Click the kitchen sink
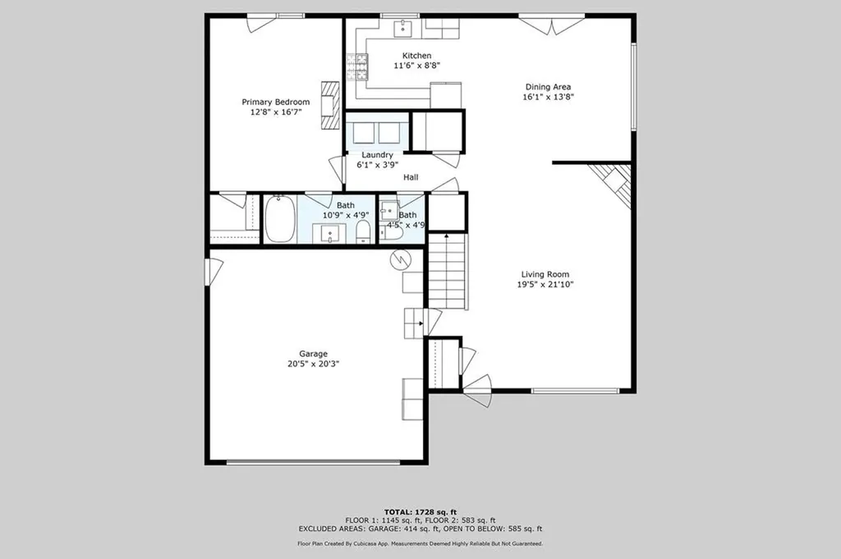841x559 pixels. point(403,29)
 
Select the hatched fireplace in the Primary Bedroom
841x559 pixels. point(330,105)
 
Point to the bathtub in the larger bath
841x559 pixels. point(280,220)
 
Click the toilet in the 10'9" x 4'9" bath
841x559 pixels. point(363,232)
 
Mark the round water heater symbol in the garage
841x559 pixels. point(398,259)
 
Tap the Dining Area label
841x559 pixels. point(548,86)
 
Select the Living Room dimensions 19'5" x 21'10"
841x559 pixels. point(545,285)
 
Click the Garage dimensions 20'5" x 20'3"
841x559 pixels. point(313,364)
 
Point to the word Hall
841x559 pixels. point(411,176)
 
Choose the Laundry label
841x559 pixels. point(375,154)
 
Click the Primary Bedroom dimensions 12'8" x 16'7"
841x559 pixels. point(275,112)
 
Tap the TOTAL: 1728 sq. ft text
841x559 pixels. point(420,511)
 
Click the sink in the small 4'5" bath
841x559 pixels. point(388,209)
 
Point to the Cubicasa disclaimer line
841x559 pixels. point(420,543)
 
